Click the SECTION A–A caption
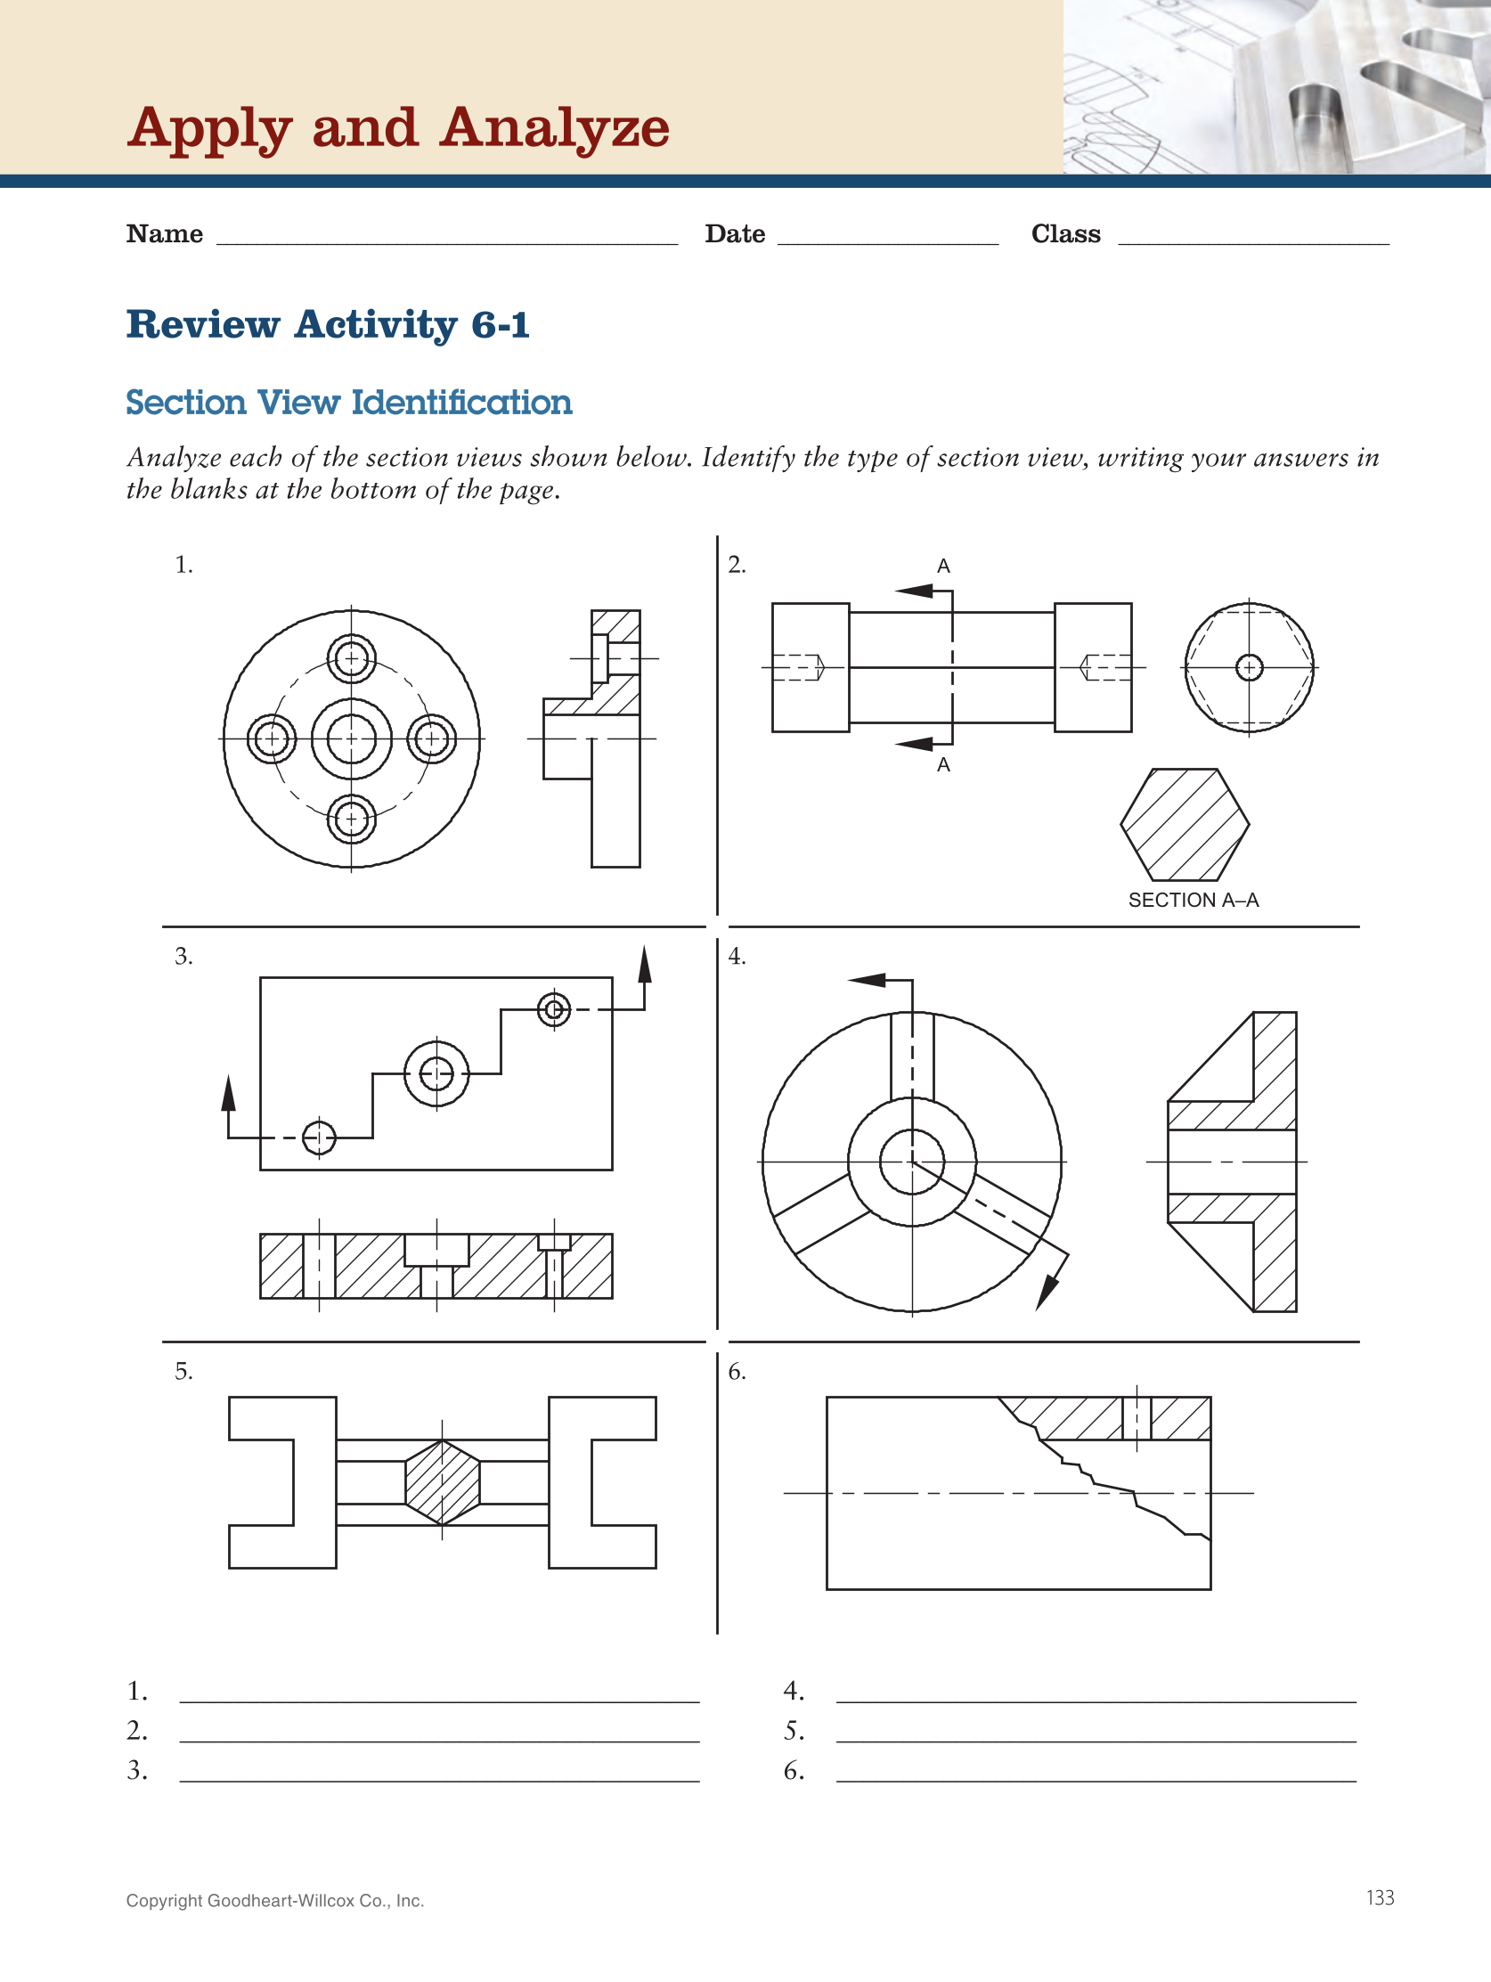[1193, 900]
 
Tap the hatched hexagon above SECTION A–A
[1185, 824]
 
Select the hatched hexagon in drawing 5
[443, 1483]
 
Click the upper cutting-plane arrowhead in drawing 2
[915, 591]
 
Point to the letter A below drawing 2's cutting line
[943, 765]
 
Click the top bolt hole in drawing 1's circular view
[351, 659]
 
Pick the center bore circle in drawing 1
[351, 739]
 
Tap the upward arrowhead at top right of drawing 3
[644, 965]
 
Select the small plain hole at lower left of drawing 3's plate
[319, 1138]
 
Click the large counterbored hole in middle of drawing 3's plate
[436, 1073]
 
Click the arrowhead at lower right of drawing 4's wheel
[1047, 1293]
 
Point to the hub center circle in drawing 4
[912, 1162]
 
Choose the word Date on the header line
[735, 234]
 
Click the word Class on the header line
[1065, 234]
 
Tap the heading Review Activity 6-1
[328, 324]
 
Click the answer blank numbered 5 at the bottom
[1095, 1731]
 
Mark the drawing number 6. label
[737, 1372]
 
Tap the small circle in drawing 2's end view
[1249, 667]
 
